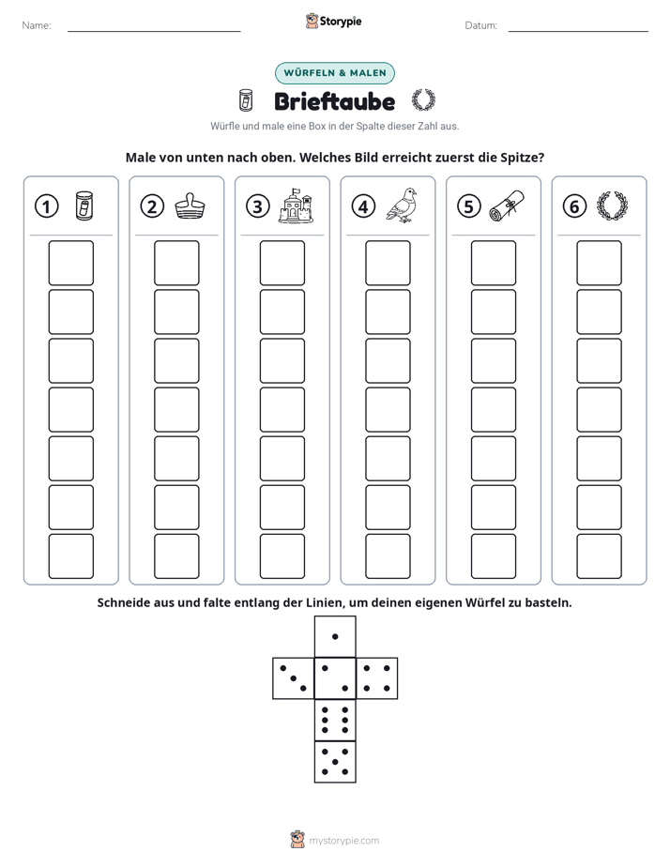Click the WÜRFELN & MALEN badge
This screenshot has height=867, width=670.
point(335,73)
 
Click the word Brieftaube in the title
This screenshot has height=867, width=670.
point(334,101)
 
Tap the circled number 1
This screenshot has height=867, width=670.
point(46,206)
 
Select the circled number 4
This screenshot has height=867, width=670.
point(363,206)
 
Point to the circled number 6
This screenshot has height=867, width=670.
point(574,206)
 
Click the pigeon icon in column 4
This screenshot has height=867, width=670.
point(402,205)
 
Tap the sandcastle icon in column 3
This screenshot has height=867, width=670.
point(296,205)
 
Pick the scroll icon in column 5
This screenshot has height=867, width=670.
point(507,205)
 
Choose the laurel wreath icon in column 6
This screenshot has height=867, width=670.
point(612,205)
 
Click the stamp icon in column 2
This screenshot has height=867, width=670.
point(190,206)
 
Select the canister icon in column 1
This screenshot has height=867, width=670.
point(84,206)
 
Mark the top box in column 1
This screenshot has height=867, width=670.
point(71,263)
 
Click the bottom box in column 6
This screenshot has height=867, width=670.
point(600,556)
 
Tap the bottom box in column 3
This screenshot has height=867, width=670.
point(282,556)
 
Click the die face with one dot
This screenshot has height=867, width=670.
point(335,637)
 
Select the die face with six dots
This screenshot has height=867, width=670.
point(335,721)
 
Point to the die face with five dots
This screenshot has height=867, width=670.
point(335,762)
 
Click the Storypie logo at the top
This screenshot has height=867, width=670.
point(333,22)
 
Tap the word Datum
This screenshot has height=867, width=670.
point(480,25)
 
